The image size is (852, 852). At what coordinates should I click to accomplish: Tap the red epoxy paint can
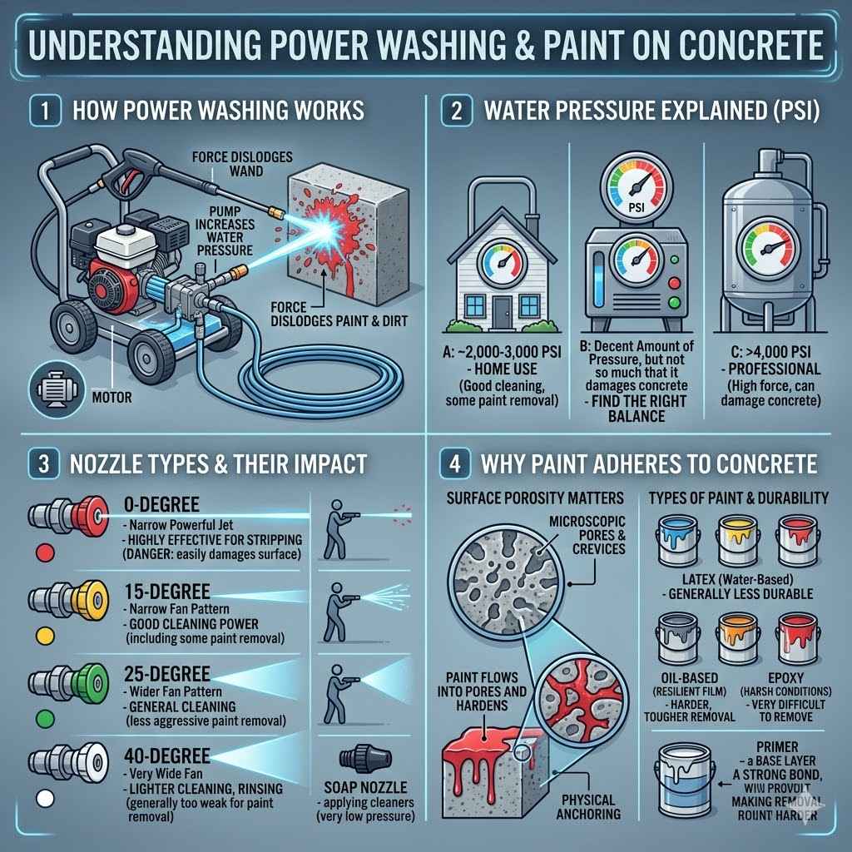pos(797,637)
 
